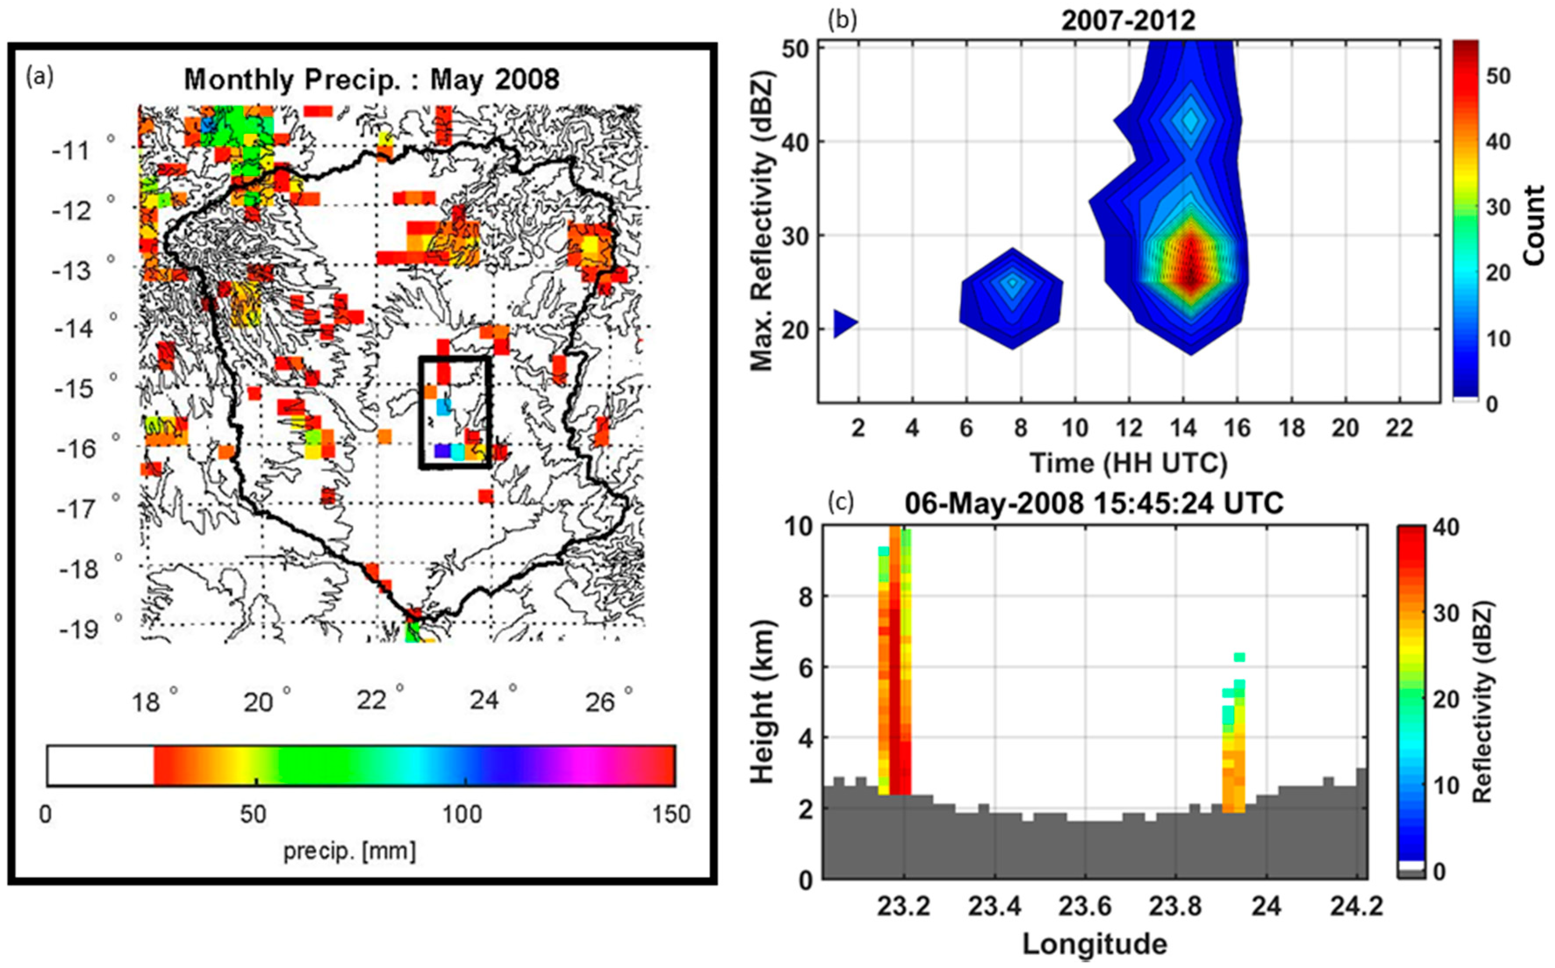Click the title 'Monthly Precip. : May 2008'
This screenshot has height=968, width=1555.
[x=371, y=80]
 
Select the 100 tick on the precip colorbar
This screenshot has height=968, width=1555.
[x=463, y=814]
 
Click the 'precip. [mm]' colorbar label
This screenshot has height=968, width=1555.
[x=350, y=851]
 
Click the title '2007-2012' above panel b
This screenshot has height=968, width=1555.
[x=1128, y=21]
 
